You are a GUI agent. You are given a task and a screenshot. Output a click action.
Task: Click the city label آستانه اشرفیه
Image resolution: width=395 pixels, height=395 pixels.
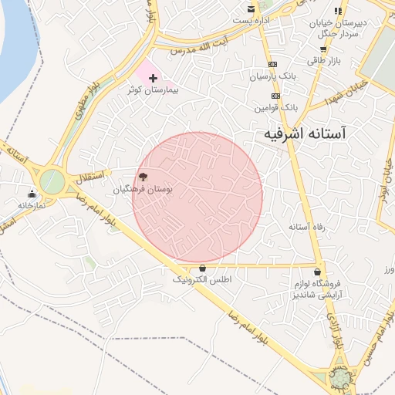(305, 133)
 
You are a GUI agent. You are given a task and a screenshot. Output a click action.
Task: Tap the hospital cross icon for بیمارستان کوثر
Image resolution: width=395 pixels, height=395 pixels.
(153, 78)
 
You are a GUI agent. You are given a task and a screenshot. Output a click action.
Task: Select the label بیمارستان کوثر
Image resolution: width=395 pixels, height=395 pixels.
(153, 90)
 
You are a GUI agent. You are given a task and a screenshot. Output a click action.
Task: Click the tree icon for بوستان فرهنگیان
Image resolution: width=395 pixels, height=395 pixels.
(143, 177)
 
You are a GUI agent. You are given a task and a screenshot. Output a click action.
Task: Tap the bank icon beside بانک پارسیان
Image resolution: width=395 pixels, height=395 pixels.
(272, 64)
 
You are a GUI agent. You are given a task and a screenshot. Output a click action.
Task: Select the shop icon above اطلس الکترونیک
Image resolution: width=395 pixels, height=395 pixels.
(202, 268)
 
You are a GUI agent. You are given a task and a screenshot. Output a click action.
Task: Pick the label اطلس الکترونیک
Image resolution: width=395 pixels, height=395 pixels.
(201, 279)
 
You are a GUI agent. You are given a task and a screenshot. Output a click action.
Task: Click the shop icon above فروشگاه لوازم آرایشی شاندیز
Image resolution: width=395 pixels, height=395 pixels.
(318, 272)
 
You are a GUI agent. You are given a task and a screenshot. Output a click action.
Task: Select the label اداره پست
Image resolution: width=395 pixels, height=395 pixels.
(253, 20)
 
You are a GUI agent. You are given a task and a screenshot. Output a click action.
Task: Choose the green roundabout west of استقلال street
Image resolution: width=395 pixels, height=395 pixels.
(52, 182)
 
